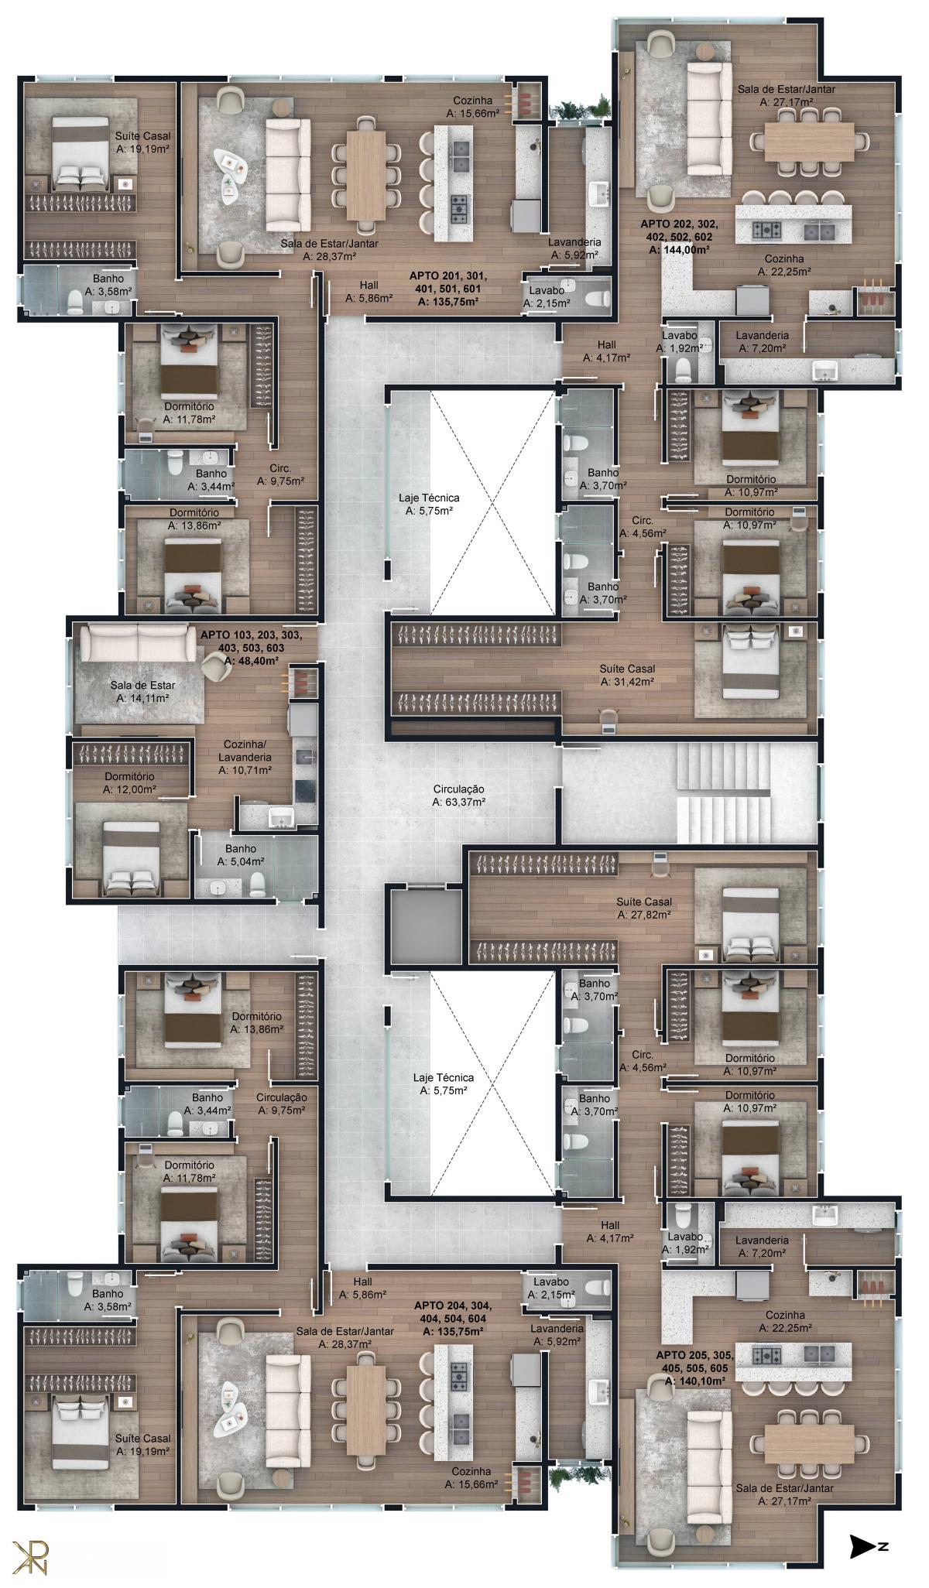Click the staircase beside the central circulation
724,793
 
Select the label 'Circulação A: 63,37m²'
458,796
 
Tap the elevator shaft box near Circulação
425,926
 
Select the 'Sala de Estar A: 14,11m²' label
142,691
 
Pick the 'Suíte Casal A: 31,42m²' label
627,675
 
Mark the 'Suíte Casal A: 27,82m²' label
644,908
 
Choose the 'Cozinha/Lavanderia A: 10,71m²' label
245,757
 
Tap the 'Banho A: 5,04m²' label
241,855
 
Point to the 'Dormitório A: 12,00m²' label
129,783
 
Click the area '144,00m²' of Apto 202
679,250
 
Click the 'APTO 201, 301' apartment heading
447,276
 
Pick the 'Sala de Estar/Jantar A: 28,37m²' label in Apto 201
329,250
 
